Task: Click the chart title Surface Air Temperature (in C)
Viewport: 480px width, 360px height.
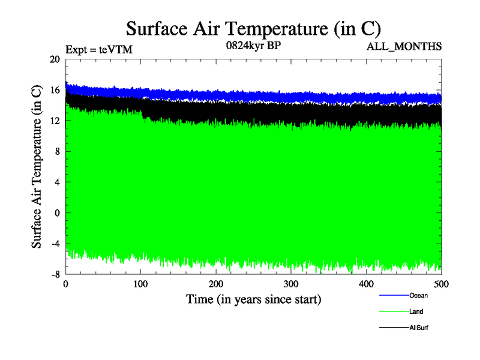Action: pos(253,29)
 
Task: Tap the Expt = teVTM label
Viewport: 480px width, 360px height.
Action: pos(98,50)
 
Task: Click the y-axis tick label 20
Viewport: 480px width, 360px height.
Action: pos(55,59)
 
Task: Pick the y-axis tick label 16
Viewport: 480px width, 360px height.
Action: pos(55,90)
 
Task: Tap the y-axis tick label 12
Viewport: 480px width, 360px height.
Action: pos(55,121)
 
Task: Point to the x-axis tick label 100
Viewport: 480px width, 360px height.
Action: pos(140,284)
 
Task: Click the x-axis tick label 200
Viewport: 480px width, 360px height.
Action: pos(216,284)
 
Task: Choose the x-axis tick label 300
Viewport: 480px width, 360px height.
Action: pos(291,284)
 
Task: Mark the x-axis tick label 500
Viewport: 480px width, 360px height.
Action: pos(441,284)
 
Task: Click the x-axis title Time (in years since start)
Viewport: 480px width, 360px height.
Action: pos(253,299)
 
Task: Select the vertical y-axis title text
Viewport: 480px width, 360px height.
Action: pos(37,167)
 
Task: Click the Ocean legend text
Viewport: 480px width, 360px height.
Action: pos(418,295)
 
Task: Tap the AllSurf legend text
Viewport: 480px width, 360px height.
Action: pos(419,328)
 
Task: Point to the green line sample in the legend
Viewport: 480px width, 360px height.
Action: pos(394,311)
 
